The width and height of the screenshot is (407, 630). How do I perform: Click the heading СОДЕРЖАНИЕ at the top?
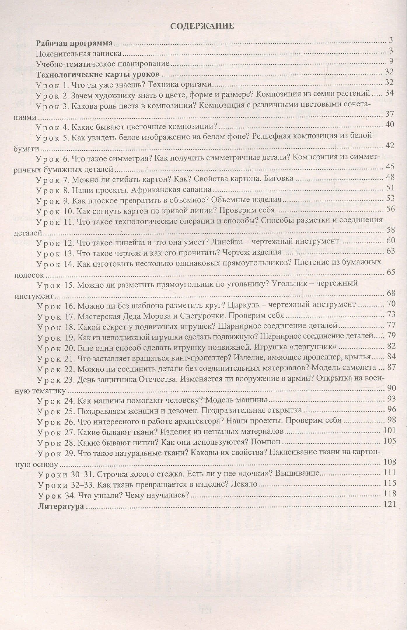[x=202, y=26]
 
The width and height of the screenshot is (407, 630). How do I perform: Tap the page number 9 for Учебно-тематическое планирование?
[x=391, y=61]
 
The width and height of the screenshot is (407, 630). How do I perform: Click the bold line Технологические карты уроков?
[x=98, y=74]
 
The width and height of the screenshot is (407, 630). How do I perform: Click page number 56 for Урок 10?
[x=390, y=209]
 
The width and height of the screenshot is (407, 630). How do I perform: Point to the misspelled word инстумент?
[x=34, y=296]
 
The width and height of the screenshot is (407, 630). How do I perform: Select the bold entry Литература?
[x=61, y=506]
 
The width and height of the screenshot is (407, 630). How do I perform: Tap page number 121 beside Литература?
[x=389, y=504]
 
